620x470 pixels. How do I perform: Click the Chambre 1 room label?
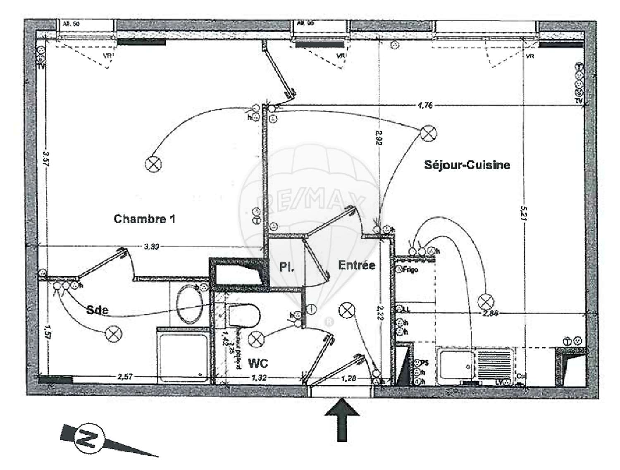(x=144, y=219)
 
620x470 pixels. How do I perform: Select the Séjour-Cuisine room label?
(x=467, y=165)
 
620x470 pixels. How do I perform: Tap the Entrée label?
(x=356, y=265)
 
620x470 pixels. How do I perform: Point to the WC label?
(x=258, y=363)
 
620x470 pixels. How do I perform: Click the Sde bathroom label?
(x=98, y=310)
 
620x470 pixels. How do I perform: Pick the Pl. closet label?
(x=286, y=267)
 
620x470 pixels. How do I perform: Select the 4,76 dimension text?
(x=425, y=105)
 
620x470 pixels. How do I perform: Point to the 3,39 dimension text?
(x=151, y=247)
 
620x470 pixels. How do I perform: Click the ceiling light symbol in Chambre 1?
(x=153, y=164)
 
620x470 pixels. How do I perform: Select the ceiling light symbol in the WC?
(x=256, y=340)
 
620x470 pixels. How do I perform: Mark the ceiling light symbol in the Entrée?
(x=346, y=310)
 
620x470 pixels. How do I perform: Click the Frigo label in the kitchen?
(x=410, y=270)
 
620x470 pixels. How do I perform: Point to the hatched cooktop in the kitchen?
(x=494, y=364)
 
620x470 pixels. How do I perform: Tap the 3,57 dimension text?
(x=46, y=157)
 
